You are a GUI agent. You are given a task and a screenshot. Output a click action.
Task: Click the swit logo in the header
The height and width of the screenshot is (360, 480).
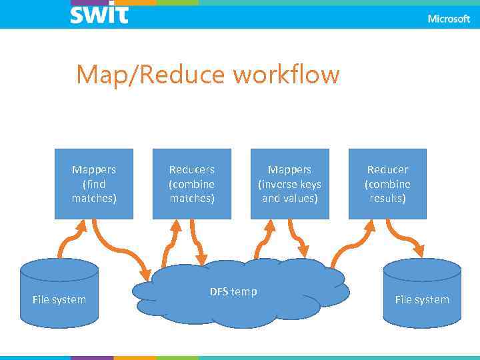pyautogui.click(x=99, y=14)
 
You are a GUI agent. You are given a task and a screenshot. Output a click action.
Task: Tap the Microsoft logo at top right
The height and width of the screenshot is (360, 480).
pyautogui.click(x=448, y=19)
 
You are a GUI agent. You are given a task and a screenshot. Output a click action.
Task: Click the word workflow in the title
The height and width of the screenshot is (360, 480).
pyautogui.click(x=286, y=75)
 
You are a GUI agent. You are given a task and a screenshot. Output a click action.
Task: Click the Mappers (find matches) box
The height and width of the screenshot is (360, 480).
pyautogui.click(x=94, y=184)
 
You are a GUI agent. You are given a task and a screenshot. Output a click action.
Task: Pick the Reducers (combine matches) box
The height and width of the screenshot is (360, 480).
pyautogui.click(x=192, y=184)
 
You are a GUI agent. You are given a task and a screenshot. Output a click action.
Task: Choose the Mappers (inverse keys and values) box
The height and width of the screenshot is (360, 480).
pyautogui.click(x=290, y=184)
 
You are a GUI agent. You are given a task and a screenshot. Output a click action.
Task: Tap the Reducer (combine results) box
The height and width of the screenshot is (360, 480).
pyautogui.click(x=387, y=184)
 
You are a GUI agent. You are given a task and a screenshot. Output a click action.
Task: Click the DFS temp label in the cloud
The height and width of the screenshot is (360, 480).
pyautogui.click(x=233, y=292)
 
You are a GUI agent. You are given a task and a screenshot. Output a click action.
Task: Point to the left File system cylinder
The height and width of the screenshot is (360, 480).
pyautogui.click(x=59, y=293)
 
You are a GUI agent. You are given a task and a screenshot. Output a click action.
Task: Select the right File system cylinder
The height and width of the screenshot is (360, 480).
pyautogui.click(x=422, y=293)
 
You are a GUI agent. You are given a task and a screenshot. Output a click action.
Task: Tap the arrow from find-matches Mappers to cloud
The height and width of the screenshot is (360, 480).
pyautogui.click(x=120, y=251)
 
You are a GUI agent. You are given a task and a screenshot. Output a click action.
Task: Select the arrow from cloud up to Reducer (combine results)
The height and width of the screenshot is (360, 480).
pyautogui.click(x=350, y=244)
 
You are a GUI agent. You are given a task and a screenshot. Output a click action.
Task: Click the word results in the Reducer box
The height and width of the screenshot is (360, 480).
pyautogui.click(x=388, y=199)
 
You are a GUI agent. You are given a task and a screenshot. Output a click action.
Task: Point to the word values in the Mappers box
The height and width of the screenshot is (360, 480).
pyautogui.click(x=304, y=199)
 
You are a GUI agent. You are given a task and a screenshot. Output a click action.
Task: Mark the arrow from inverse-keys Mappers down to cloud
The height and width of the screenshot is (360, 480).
pyautogui.click(x=298, y=240)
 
